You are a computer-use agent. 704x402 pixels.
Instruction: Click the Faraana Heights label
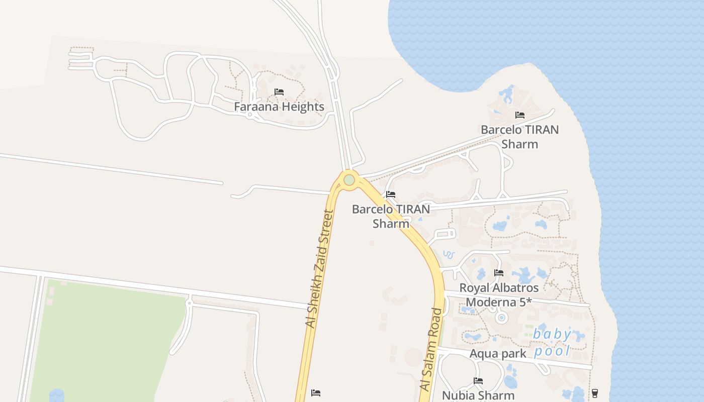coord(279,107)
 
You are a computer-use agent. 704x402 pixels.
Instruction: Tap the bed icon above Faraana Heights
coord(279,92)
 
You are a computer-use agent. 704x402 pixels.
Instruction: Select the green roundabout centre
coord(349,180)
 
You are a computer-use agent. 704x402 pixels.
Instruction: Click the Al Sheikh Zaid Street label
coord(320,269)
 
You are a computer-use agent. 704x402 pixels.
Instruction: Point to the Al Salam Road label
coord(432,349)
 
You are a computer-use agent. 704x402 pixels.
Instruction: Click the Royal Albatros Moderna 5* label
coord(499,295)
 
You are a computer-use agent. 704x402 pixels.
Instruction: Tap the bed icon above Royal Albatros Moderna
coord(499,273)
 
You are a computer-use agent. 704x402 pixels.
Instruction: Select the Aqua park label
coord(498,353)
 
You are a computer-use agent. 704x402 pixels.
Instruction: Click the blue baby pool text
coord(552,342)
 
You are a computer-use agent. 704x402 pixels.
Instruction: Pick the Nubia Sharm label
coord(478,395)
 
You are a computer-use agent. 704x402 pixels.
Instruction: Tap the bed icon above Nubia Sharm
coord(478,381)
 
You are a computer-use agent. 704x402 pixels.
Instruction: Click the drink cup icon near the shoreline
coord(595,392)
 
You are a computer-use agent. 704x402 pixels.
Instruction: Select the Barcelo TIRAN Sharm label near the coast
coord(519,137)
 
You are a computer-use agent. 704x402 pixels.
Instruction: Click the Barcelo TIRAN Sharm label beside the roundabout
coord(391,216)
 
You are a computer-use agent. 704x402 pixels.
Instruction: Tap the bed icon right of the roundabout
coord(391,194)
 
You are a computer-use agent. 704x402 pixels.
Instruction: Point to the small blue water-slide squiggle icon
coord(449,254)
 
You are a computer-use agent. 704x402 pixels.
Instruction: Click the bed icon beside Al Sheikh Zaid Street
coord(316,392)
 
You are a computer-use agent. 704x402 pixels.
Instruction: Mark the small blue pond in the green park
coord(57,395)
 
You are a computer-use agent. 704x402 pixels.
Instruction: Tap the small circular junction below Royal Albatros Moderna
coord(501,318)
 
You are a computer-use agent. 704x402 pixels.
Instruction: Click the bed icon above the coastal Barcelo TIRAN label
coord(520,115)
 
